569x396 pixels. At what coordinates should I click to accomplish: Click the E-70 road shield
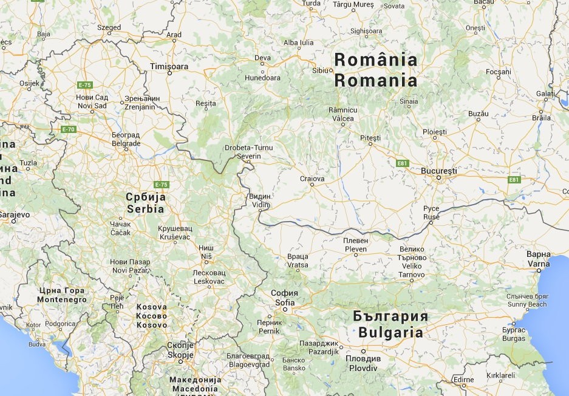(x=68, y=129)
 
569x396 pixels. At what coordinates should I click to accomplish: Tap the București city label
(x=438, y=171)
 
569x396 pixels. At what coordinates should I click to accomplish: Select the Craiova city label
(x=312, y=179)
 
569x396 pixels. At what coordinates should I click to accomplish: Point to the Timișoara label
(x=169, y=65)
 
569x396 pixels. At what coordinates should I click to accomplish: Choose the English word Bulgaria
(x=390, y=332)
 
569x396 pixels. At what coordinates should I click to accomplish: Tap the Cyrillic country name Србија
(x=145, y=197)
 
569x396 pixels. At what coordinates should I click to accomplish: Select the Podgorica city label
(x=60, y=324)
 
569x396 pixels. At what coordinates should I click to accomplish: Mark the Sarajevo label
(x=13, y=214)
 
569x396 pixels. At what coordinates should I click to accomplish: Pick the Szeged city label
(x=109, y=27)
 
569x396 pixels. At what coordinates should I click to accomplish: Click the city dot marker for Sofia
(x=285, y=310)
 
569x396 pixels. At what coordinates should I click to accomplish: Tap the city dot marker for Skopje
(x=180, y=361)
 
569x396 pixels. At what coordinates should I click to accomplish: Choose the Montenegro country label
(x=61, y=299)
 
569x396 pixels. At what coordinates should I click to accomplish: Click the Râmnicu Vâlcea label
(x=342, y=114)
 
